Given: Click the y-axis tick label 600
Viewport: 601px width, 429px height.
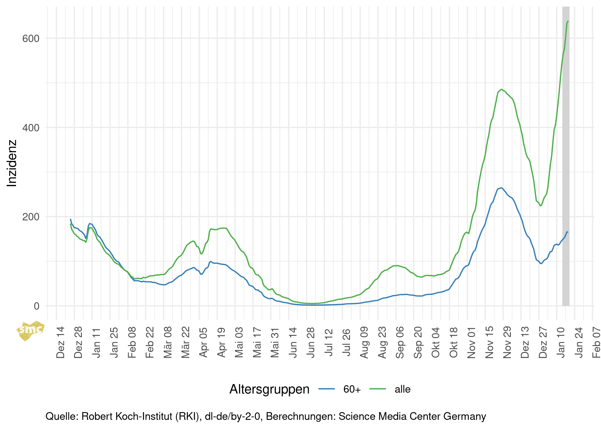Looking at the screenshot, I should tap(31, 38).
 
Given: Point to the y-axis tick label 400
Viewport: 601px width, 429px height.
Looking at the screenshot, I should tap(31, 128).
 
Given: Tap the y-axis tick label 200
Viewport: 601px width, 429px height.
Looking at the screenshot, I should tap(31, 217).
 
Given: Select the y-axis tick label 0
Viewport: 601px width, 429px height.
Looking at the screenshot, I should tap(36, 306).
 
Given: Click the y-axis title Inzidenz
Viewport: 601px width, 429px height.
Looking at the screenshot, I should tap(12, 163).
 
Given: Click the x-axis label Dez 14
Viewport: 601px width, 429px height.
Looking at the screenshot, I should tap(60, 342).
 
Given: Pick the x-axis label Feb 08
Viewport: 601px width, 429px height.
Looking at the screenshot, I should tap(132, 342).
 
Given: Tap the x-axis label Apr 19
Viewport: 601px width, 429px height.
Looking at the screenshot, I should tap(221, 342).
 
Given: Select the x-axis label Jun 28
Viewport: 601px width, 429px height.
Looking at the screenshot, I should tap(311, 342).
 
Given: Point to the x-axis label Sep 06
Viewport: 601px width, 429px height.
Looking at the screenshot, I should tap(400, 342).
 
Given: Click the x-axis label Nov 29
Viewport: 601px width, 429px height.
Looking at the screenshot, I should tap(507, 342).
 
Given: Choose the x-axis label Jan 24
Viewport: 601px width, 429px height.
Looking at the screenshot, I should tap(578, 342).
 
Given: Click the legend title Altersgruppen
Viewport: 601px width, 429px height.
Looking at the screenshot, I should tap(269, 389).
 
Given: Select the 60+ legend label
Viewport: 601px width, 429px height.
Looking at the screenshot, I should tap(352, 389).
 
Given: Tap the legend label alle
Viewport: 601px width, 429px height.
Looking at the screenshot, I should tap(402, 389).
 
